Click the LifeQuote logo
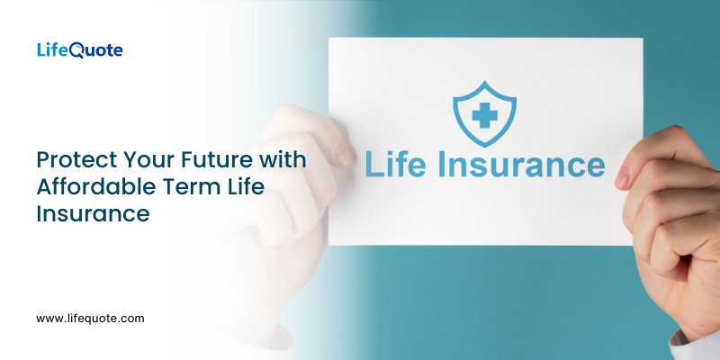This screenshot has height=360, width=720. click(79, 50)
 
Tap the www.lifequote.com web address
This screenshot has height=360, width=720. click(90, 318)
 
